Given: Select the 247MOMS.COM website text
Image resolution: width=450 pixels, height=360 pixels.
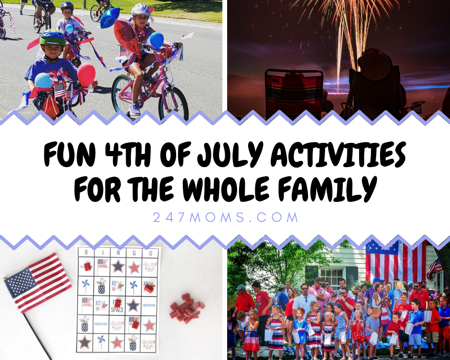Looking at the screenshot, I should click(225, 218).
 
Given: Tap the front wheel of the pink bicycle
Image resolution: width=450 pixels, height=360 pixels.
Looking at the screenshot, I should click(173, 102).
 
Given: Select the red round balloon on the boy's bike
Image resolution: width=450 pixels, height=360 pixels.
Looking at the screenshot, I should click(86, 75).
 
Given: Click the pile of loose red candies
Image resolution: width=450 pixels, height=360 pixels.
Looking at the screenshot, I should click(186, 309).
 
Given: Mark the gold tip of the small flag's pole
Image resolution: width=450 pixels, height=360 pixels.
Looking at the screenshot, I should click(5, 279).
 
